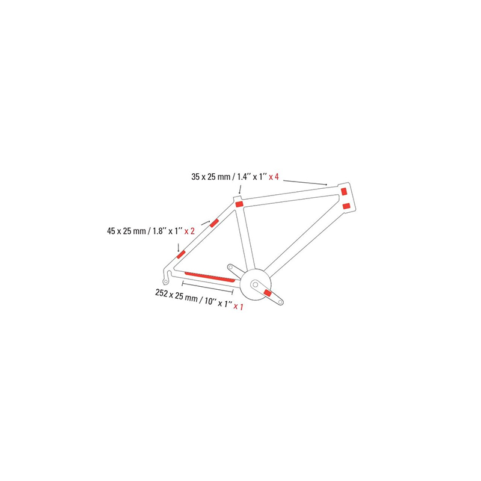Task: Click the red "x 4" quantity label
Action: (274, 177)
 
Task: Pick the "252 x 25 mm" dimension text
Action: (171, 295)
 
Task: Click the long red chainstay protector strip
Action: (210, 276)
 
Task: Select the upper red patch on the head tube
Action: (344, 192)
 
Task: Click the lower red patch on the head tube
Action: (346, 206)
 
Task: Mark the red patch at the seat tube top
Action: (238, 204)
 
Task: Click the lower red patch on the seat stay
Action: (181, 253)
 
